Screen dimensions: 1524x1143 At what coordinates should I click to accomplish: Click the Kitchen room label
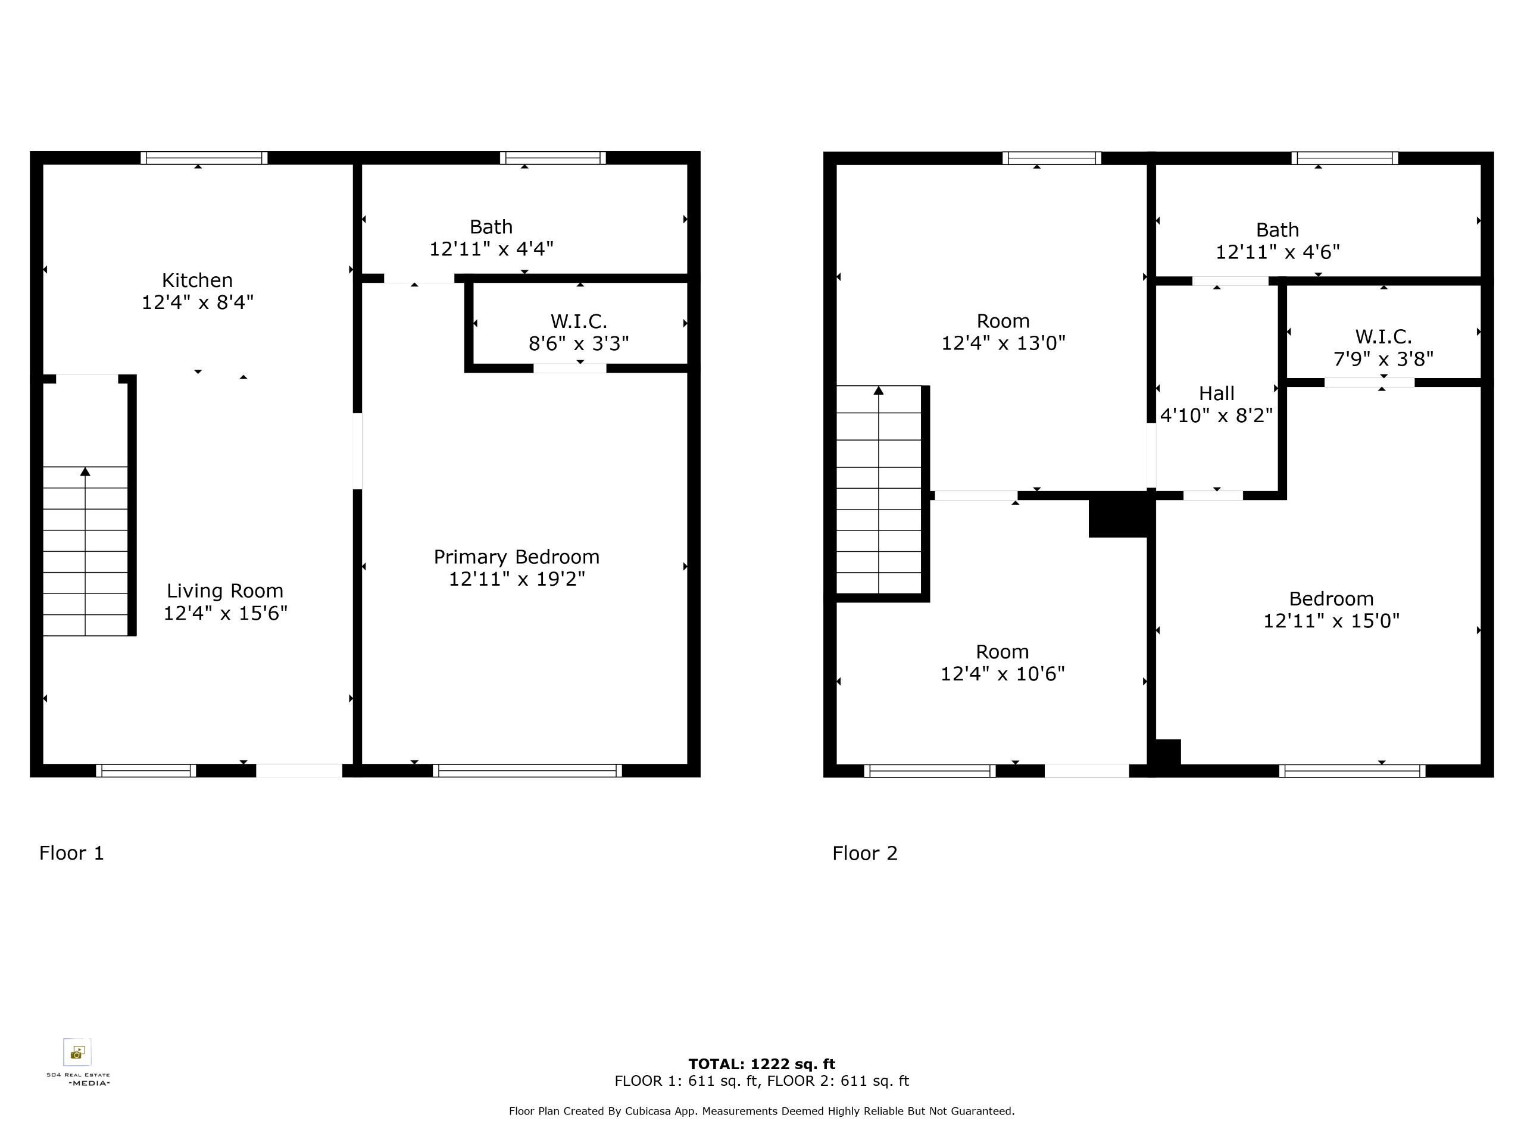pos(197,280)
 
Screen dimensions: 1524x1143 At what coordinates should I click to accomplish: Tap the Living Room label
pos(224,591)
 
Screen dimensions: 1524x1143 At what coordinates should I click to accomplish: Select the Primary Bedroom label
pos(517,557)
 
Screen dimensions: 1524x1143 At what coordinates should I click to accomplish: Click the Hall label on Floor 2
pos(1217,394)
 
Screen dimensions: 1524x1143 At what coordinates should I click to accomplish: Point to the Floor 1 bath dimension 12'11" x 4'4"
pos(491,249)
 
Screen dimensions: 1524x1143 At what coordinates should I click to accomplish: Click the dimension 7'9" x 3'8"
pos(1384,359)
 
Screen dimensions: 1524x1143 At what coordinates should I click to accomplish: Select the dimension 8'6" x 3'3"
pos(579,343)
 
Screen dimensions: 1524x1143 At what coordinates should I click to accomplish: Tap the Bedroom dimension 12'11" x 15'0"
pos(1331,621)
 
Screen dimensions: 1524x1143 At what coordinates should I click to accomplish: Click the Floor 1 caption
pos(71,853)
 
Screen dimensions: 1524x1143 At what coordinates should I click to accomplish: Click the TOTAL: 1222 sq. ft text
pos(762,1064)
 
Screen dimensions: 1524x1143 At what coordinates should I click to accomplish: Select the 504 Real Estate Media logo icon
pos(77,1053)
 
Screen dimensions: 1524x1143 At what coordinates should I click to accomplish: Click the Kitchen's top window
pos(204,158)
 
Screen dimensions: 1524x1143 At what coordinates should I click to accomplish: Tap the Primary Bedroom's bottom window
pos(527,770)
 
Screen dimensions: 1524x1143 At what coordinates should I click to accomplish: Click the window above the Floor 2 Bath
pos(1344,158)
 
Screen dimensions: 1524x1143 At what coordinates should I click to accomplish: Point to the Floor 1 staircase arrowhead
pos(86,471)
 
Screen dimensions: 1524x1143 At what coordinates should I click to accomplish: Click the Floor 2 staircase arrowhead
pos(879,391)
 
